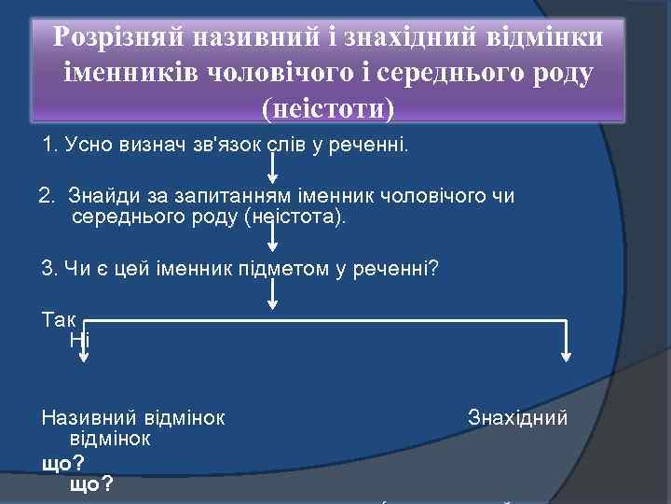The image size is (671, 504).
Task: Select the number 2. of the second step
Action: click(x=48, y=196)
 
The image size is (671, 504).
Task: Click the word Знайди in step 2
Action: click(x=101, y=196)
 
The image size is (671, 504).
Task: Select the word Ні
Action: click(x=79, y=339)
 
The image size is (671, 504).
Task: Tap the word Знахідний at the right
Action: click(x=517, y=417)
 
